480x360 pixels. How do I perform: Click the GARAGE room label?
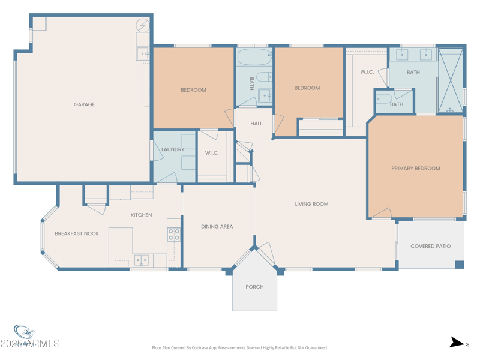84,104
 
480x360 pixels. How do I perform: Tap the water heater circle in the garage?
143,26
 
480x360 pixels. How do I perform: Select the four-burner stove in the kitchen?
173,235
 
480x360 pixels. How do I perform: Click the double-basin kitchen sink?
141,260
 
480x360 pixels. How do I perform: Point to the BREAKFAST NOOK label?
77,233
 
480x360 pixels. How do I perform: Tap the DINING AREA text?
217,227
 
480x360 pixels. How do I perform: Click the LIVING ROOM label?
311,204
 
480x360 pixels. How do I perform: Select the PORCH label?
254,287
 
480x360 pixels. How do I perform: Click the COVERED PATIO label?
430,246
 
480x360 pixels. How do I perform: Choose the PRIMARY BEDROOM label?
415,169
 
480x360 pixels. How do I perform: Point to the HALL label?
256,124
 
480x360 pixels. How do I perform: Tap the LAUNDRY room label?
173,149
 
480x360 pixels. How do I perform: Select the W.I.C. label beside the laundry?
212,153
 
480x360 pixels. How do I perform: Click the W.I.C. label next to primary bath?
367,72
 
